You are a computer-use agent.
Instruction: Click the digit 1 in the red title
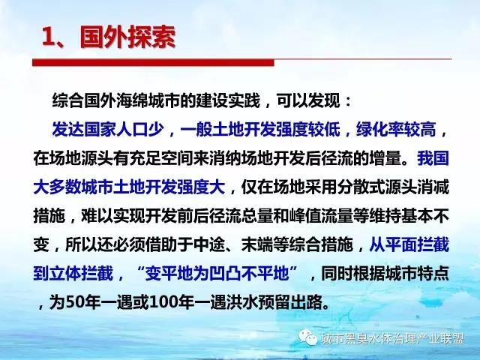(x=48, y=37)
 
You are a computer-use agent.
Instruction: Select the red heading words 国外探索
(x=127, y=37)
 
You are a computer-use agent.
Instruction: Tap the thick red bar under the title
(x=153, y=63)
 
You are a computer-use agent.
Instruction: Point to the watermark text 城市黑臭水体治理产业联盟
(x=393, y=338)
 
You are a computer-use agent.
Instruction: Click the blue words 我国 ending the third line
(x=433, y=158)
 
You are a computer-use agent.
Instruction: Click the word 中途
(x=209, y=244)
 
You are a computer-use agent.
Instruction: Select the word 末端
(x=257, y=244)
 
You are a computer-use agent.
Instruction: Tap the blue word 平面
(x=401, y=244)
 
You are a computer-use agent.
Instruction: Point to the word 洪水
(x=241, y=302)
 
